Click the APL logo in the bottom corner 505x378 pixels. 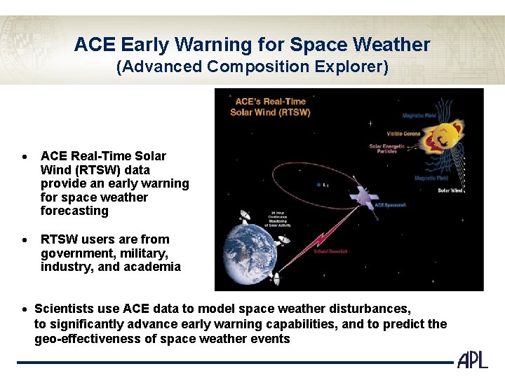(x=472, y=360)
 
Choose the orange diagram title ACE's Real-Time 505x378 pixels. (x=270, y=101)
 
